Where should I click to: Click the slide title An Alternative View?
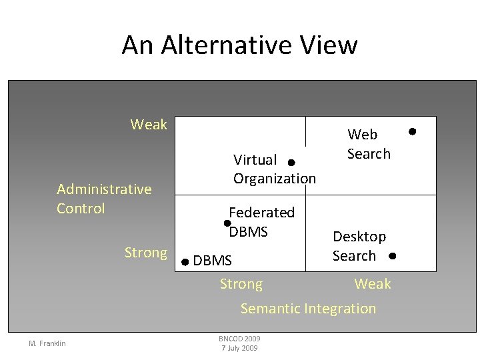coord(239,45)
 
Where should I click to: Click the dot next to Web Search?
coord(412,131)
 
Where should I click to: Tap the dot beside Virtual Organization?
coord(291,162)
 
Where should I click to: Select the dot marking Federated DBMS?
coord(227,223)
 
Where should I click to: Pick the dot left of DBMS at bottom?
coord(185,262)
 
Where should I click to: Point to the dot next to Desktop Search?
coord(392,256)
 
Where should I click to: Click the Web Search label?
coord(369,144)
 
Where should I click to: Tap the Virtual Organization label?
coord(274,169)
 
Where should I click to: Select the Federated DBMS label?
coord(261,222)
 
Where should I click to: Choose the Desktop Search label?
coord(359,246)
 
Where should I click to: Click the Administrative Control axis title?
coord(104,199)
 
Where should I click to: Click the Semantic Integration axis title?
coord(308,309)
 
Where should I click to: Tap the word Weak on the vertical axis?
coord(149,125)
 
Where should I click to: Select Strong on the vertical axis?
coord(145,253)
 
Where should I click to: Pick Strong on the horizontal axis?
coord(241,285)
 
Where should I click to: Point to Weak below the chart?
coord(372,285)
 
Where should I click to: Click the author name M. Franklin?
coord(47,343)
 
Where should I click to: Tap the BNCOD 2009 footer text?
coord(239,339)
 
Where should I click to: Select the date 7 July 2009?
coord(239,348)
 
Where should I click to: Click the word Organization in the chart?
coord(274,179)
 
